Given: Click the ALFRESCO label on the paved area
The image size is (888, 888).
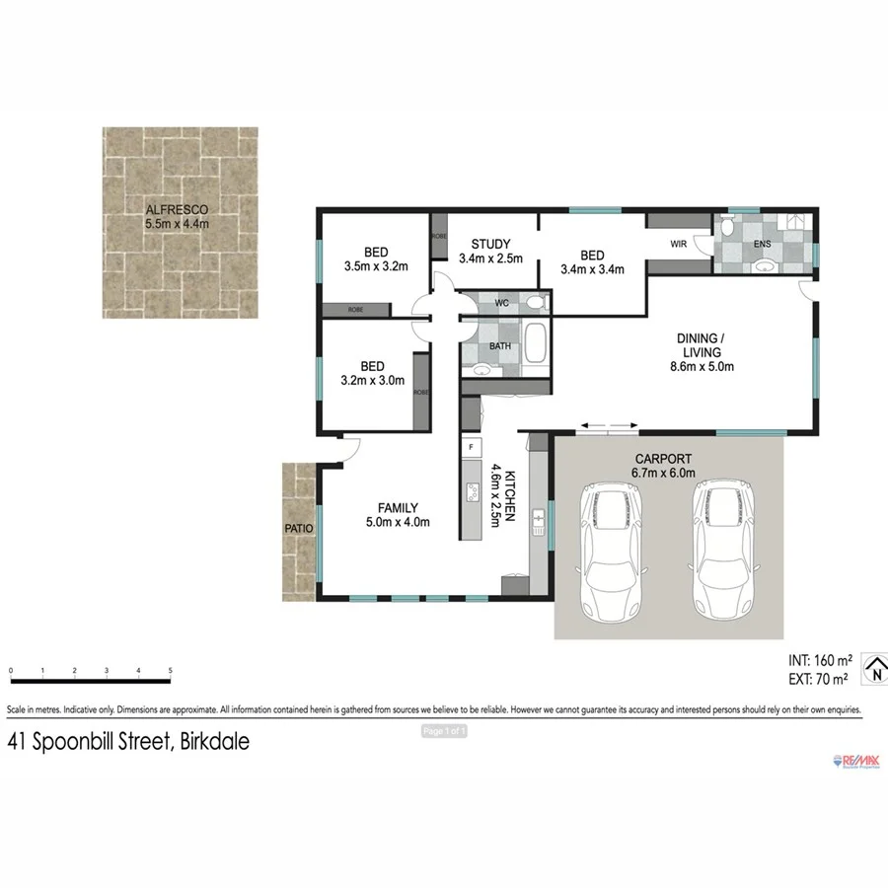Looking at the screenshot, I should click(x=178, y=210).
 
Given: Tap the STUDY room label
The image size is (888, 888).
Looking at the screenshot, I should click(x=490, y=245).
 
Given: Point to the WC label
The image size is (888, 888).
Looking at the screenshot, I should click(x=501, y=304).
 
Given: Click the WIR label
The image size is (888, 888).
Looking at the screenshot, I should click(x=679, y=244).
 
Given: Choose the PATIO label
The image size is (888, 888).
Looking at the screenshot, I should click(x=298, y=529).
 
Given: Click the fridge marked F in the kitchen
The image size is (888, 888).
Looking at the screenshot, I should click(x=472, y=448).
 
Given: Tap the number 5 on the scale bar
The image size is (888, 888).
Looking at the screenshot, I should click(x=171, y=671).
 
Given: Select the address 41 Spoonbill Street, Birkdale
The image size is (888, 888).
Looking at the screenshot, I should click(x=128, y=741).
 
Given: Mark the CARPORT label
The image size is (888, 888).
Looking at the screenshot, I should click(x=663, y=459).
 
